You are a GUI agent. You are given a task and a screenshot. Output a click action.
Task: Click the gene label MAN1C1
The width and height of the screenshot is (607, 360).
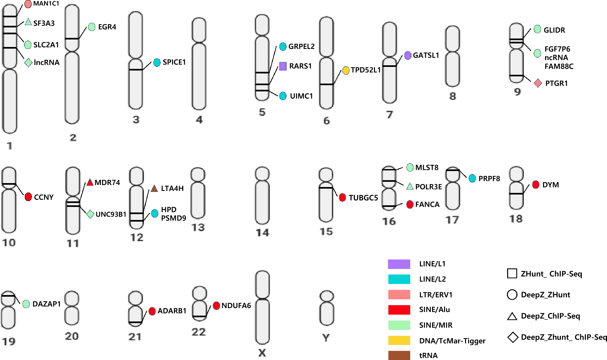pyautogui.click(x=46, y=4)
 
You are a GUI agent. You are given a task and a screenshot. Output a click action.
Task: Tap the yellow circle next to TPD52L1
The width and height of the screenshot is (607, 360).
pyautogui.click(x=346, y=70)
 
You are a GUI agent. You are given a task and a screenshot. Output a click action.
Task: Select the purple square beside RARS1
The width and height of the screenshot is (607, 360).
pyautogui.click(x=283, y=66)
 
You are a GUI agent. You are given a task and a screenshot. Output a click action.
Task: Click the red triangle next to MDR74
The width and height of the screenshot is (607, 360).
pyautogui.click(x=90, y=183)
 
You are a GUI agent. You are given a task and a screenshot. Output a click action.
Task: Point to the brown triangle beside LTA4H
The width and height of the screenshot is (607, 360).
pyautogui.click(x=154, y=188)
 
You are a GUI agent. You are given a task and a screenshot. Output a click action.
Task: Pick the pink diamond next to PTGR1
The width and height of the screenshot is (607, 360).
pyautogui.click(x=538, y=83)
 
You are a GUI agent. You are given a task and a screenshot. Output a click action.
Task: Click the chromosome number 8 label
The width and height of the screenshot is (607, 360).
pyautogui.click(x=452, y=96)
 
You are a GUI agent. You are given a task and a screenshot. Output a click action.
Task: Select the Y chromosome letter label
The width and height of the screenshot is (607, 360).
pyautogui.click(x=326, y=338)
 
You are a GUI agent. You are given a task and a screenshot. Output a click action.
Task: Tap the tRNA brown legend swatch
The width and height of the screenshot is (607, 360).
pyautogui.click(x=399, y=355)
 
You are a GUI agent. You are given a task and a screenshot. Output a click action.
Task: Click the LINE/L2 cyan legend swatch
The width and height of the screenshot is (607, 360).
pyautogui.click(x=399, y=279)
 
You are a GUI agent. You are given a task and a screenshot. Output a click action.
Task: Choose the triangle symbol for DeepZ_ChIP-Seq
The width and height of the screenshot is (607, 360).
pyautogui.click(x=512, y=316)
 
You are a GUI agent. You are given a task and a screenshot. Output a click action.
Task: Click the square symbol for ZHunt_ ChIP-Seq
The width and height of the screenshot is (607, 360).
pyautogui.click(x=512, y=274)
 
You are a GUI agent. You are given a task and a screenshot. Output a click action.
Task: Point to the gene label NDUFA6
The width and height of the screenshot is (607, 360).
pyautogui.click(x=236, y=306)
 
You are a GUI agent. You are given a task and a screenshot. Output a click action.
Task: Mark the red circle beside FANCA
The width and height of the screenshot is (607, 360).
pyautogui.click(x=410, y=204)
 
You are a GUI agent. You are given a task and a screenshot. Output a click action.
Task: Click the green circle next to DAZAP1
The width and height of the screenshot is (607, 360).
pyautogui.click(x=26, y=304)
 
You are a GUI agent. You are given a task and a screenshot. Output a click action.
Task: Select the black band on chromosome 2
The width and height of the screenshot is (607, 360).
pyautogui.click(x=72, y=39)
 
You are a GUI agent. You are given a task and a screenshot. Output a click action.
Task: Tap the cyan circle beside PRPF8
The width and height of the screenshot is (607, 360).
pyautogui.click(x=472, y=178)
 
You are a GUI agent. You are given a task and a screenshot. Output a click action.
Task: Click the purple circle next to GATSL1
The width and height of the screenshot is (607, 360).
pyautogui.click(x=408, y=55)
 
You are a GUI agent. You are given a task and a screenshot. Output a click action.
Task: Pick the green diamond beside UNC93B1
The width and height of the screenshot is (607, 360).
pyautogui.click(x=90, y=214)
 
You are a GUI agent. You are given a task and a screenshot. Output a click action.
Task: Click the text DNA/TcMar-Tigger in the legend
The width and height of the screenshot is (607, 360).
pyautogui.click(x=452, y=341)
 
